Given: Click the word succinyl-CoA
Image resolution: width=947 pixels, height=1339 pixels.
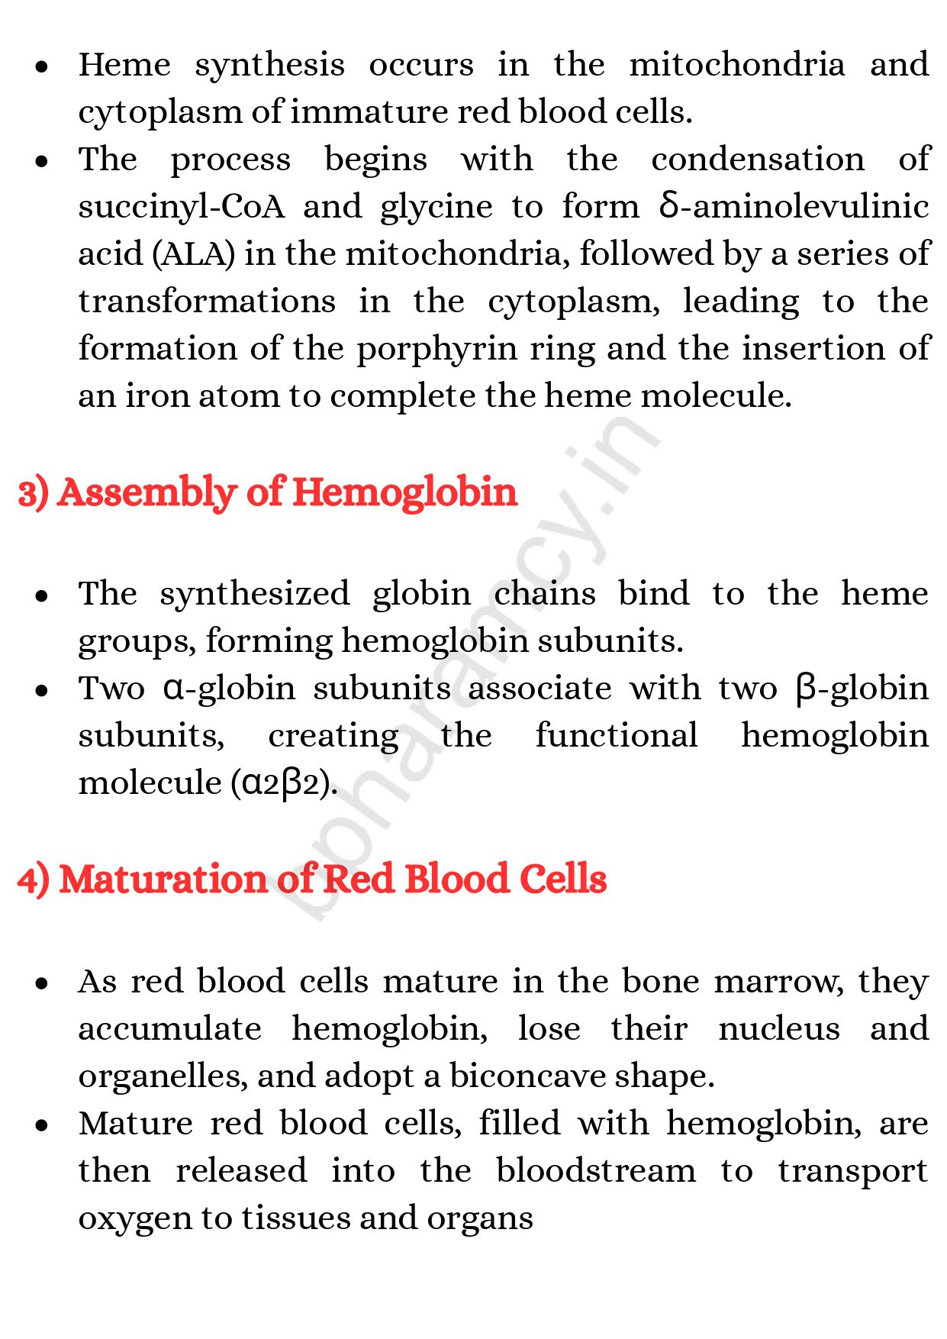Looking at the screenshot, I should coord(181,208).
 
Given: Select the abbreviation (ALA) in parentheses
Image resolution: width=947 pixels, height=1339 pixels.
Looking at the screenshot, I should coord(194,254).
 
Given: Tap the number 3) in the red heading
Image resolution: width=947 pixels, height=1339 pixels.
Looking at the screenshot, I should coord(34,493).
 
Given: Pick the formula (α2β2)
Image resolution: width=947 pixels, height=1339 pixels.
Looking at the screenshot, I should coord(284,783).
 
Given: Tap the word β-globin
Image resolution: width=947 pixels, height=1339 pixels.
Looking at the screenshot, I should coord(862,689).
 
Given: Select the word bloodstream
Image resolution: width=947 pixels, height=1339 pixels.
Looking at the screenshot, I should coord(595,1171).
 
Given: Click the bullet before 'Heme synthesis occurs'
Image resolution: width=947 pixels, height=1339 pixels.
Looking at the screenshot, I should coord(42,67).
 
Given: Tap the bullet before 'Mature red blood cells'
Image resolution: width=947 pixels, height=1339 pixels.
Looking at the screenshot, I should coord(42,1125).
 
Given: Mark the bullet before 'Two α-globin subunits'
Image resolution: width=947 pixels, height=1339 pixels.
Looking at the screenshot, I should coord(42,690).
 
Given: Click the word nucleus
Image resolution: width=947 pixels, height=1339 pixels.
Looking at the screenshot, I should coord(779,1029).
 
